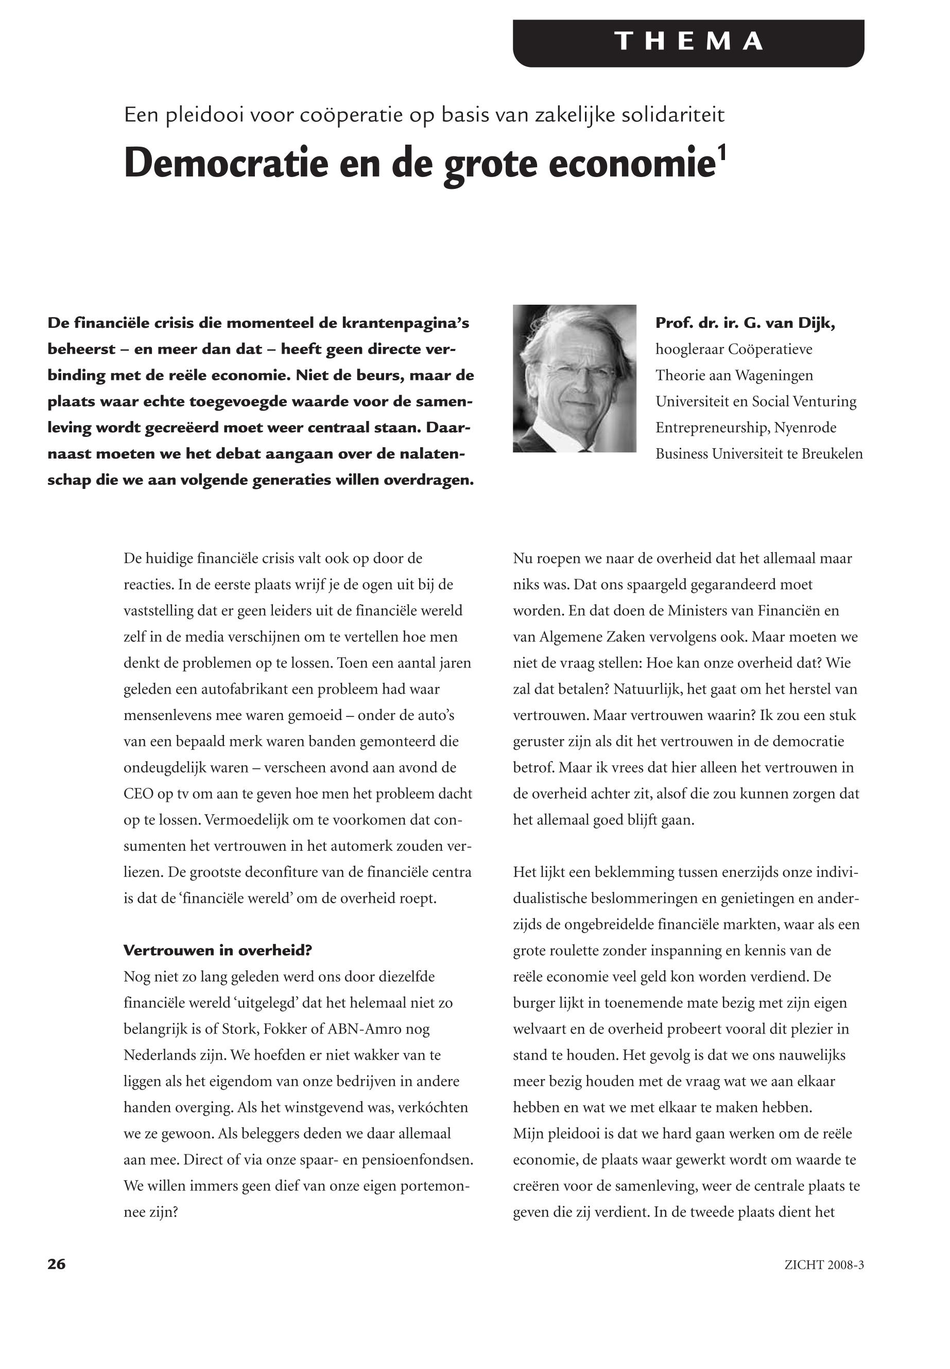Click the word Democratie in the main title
tap(226, 164)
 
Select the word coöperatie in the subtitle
tap(352, 115)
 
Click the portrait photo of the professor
tap(575, 378)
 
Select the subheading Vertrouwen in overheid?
tap(217, 950)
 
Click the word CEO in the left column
tap(137, 794)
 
